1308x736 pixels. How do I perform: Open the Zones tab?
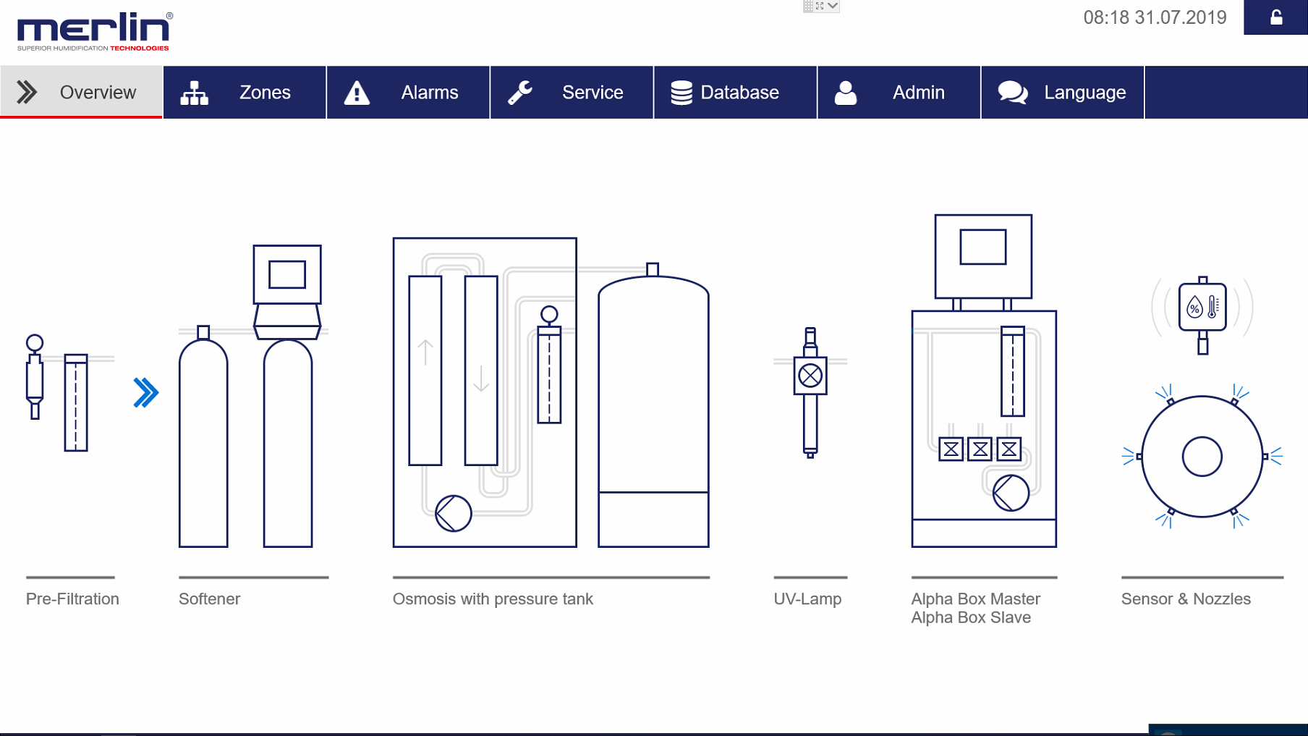(245, 93)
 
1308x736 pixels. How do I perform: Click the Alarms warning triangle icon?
(357, 93)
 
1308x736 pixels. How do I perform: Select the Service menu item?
(572, 93)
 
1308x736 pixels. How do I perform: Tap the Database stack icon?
(681, 93)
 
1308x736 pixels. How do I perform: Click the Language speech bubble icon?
(1013, 93)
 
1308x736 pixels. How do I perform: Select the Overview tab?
(81, 93)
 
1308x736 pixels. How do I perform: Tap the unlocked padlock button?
(1275, 17)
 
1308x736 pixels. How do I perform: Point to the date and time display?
(1155, 17)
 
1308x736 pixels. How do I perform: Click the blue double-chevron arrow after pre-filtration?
(145, 393)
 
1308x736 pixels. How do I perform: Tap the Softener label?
(209, 599)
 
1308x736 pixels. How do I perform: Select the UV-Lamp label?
(807, 599)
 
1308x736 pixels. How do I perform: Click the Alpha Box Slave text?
(971, 618)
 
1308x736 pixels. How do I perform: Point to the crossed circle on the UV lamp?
(810, 376)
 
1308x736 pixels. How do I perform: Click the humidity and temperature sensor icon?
(1202, 308)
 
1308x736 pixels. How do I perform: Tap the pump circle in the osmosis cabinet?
(454, 513)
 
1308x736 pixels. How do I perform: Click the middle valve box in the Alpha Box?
(980, 449)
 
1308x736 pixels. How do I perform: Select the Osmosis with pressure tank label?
(493, 599)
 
